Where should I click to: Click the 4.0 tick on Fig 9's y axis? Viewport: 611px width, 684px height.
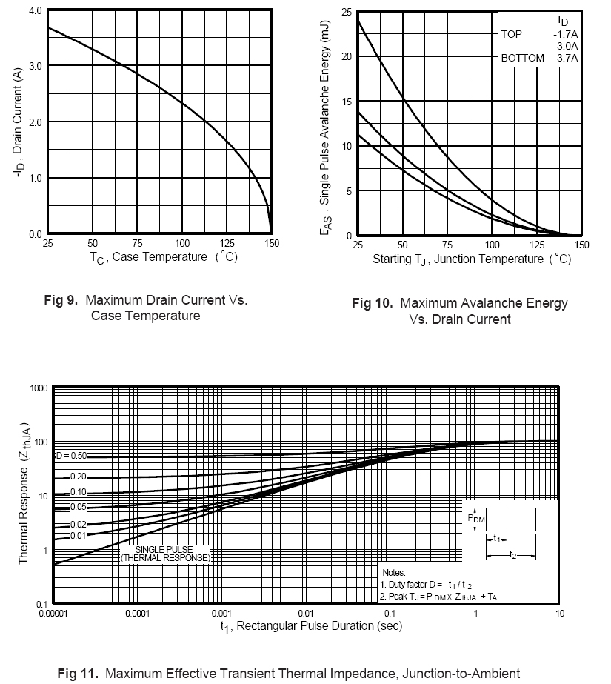pyautogui.click(x=34, y=11)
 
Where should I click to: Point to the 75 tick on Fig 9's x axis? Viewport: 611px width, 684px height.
pyautogui.click(x=137, y=243)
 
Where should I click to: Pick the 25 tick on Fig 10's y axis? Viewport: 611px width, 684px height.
pyautogui.click(x=346, y=12)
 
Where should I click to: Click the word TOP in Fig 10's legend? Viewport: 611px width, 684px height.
pyautogui.click(x=512, y=34)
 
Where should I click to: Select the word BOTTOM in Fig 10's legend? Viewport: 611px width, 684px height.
pyautogui.click(x=522, y=58)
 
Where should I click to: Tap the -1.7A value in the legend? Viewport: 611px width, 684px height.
pyautogui.click(x=566, y=34)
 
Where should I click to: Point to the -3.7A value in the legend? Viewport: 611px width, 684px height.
pyautogui.click(x=566, y=58)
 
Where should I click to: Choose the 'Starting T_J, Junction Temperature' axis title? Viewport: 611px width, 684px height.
pyautogui.click(x=460, y=259)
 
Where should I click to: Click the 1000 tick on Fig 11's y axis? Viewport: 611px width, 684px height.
pyautogui.click(x=39, y=388)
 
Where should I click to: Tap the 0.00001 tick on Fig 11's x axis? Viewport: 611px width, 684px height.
pyautogui.click(x=54, y=614)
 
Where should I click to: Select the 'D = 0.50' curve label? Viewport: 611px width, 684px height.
pyautogui.click(x=72, y=456)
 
